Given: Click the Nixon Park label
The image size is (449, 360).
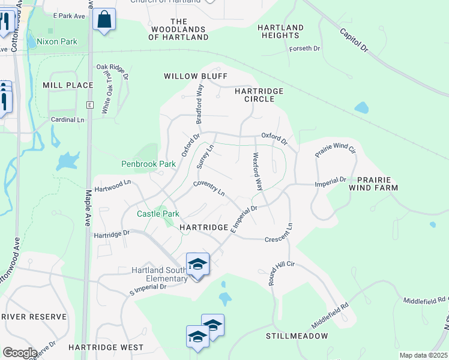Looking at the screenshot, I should pos(57,42).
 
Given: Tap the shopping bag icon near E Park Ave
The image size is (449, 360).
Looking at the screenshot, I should pos(104,20).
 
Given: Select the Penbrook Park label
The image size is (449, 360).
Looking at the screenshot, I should pos(148,163).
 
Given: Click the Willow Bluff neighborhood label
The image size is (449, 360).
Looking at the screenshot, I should pos(188,76).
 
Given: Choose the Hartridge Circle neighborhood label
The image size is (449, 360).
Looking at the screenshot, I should pos(258,95).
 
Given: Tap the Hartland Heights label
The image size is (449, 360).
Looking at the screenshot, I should pos(280,32).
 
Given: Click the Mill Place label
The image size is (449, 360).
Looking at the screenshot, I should pos(68,85).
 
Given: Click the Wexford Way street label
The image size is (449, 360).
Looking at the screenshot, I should pos(258,171).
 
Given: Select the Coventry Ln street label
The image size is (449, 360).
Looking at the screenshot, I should pos(209,190).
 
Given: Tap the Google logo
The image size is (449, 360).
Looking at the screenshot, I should pos(20,353).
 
